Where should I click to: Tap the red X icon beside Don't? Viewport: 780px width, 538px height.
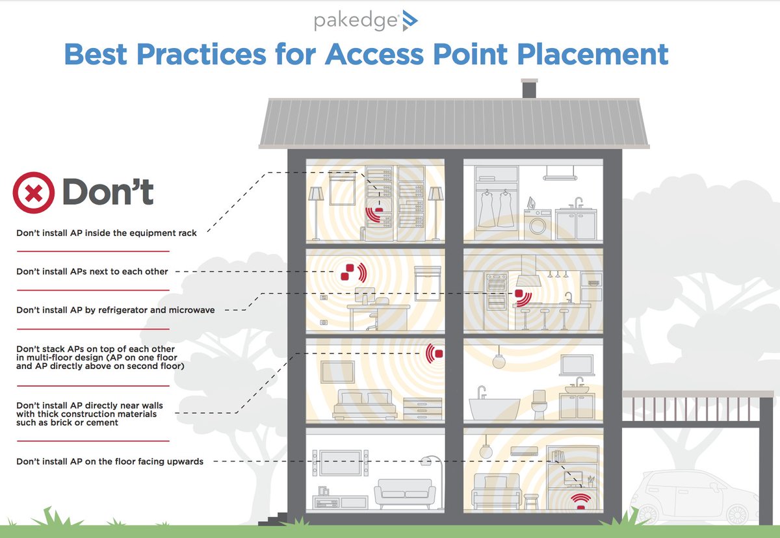click(x=34, y=192)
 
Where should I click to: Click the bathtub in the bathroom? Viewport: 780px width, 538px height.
click(x=494, y=407)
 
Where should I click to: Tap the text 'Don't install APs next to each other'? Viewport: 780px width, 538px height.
click(x=92, y=271)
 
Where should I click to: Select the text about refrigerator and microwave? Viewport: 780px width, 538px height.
click(x=115, y=310)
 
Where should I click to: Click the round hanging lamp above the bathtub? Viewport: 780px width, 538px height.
click(x=499, y=362)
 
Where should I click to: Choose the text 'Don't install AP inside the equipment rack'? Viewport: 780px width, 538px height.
click(x=107, y=233)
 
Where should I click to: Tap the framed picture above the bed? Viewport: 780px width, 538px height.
click(x=337, y=372)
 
